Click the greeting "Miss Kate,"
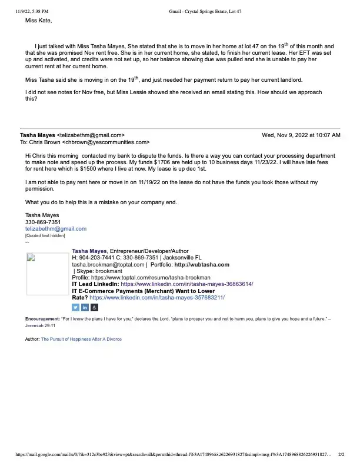(38, 21)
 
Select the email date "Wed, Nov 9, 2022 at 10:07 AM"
(301, 135)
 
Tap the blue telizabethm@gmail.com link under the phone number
(55, 229)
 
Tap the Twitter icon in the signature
(75, 307)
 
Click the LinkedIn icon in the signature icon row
(85, 307)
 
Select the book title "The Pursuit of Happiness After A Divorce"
(81, 339)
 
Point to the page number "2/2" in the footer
(341, 455)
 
